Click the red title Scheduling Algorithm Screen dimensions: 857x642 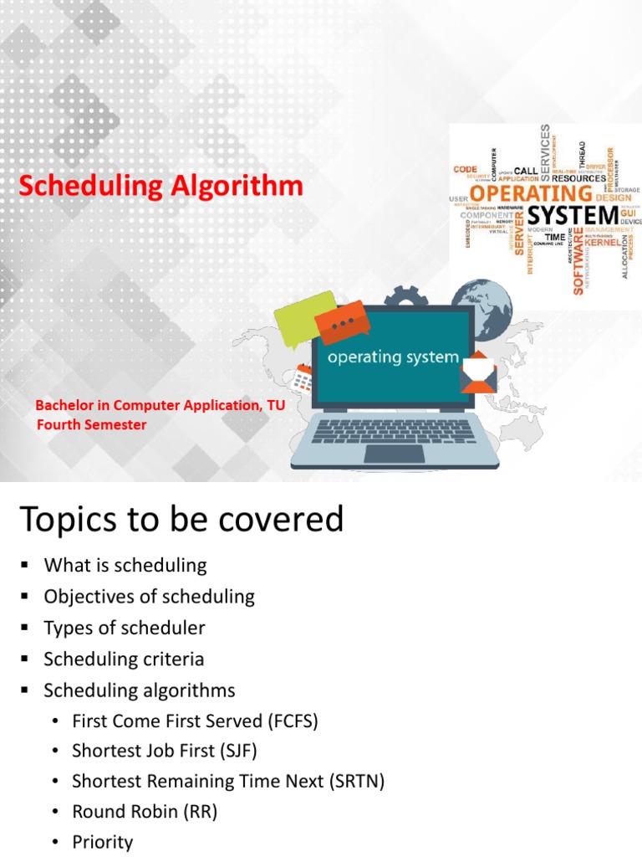pyautogui.click(x=161, y=187)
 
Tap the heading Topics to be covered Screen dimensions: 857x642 pyautogui.click(x=181, y=520)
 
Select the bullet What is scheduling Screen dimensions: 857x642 pyautogui.click(x=125, y=565)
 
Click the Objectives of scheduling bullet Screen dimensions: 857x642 pyautogui.click(x=149, y=597)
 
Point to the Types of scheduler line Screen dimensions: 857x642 pyautogui.click(x=124, y=628)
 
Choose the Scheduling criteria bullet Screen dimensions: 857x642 pyautogui.click(x=124, y=659)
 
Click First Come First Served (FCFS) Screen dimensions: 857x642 pyautogui.click(x=195, y=721)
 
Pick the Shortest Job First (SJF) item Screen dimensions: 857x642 pyautogui.click(x=170, y=751)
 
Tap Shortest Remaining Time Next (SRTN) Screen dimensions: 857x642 pyautogui.click(x=227, y=781)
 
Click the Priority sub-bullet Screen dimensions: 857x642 pyautogui.click(x=102, y=842)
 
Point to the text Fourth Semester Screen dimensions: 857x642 pyautogui.click(x=91, y=424)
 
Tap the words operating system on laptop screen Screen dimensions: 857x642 pyautogui.click(x=392, y=357)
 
